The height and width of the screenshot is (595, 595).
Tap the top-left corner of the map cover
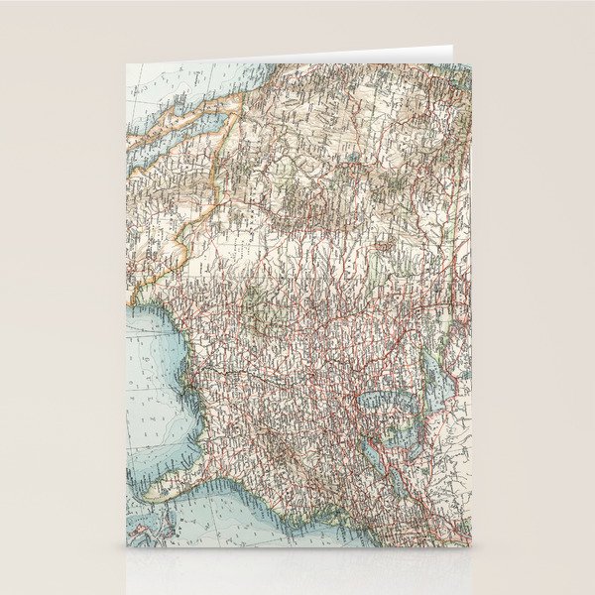[x=129, y=63]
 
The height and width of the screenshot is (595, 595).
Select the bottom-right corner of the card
[x=470, y=547]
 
